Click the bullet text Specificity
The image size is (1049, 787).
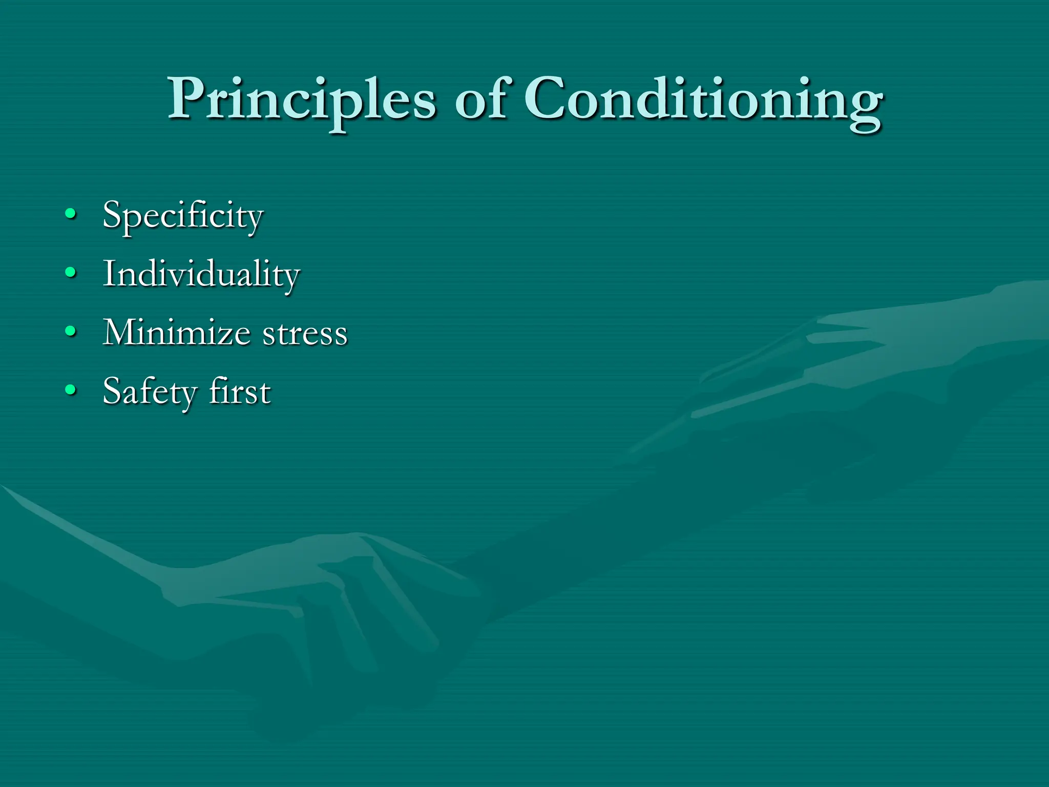[x=183, y=215]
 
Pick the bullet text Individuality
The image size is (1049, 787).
[x=201, y=274]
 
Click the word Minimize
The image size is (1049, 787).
[x=177, y=333]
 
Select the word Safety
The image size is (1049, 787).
[x=150, y=392]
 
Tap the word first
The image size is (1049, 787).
[x=240, y=391]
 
